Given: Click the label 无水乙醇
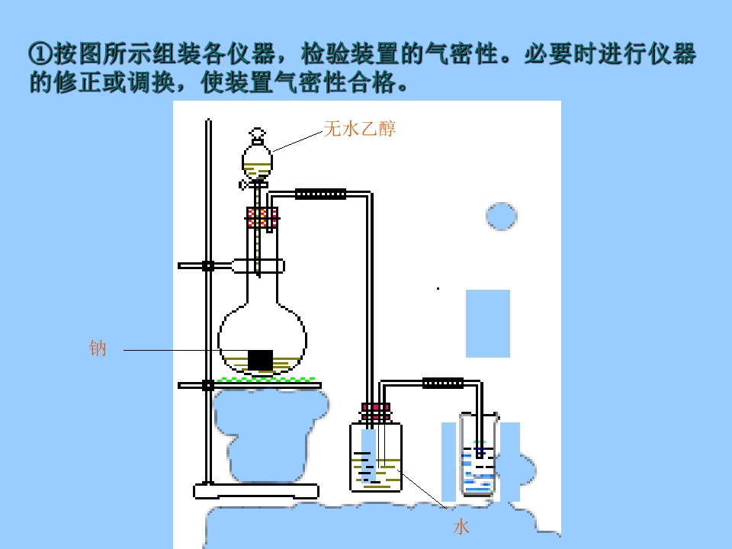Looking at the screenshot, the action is (359, 128).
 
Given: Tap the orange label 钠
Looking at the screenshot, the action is (98, 348).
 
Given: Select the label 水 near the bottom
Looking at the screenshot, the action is (461, 527).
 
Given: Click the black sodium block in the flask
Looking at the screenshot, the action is (260, 360).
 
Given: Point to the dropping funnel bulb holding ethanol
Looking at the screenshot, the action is (257, 162).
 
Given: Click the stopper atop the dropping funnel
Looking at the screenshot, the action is (257, 136).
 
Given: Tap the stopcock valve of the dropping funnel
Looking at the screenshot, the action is (253, 185).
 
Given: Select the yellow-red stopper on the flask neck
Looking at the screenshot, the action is (262, 217).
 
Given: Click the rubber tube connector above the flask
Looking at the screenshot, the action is (321, 194).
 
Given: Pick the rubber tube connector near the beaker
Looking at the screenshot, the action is (443, 384).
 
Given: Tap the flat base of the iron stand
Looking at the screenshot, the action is (256, 491).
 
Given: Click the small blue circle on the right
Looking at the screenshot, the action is (502, 216).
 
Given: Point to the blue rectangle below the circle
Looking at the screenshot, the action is (488, 323).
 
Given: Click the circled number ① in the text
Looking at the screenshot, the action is (40, 53).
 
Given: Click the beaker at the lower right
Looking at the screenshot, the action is (479, 454).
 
